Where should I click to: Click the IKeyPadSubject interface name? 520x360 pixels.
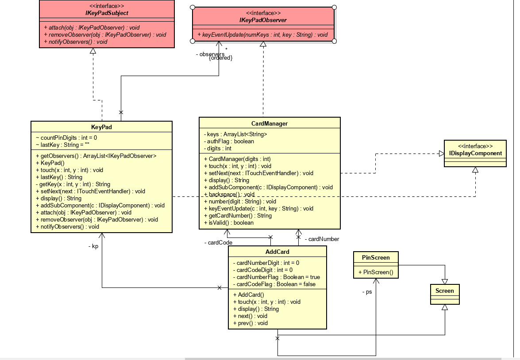107,13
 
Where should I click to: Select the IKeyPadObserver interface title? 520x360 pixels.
263,20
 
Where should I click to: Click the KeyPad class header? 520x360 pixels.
101,127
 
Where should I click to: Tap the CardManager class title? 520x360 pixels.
270,123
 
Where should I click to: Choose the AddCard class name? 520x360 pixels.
277,252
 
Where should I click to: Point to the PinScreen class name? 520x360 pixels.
376,257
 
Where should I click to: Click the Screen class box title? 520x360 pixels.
444,291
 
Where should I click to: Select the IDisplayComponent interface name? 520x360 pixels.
475,153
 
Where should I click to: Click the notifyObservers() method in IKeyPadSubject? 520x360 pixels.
76,42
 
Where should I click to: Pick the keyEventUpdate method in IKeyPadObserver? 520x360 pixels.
263,34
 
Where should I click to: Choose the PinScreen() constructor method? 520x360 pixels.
375,272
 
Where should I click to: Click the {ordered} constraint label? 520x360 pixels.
220,58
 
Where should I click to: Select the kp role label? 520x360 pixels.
93,246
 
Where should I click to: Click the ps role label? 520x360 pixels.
367,292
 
